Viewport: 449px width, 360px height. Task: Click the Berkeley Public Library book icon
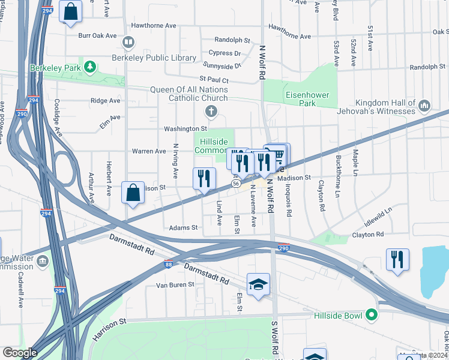click(x=127, y=43)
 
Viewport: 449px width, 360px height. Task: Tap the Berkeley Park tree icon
click(x=90, y=66)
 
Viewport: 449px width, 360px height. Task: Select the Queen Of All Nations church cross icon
click(x=210, y=111)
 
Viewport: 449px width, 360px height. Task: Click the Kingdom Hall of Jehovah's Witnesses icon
click(x=424, y=107)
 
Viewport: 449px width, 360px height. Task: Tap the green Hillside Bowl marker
click(x=372, y=314)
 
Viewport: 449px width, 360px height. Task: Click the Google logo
click(x=20, y=353)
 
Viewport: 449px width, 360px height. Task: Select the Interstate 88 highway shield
click(x=169, y=265)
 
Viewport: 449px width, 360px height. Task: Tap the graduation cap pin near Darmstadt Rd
click(x=258, y=284)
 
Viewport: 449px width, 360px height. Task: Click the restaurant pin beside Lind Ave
click(x=204, y=178)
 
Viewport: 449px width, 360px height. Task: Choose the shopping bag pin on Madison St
click(x=133, y=193)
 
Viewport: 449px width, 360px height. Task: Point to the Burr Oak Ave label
click(x=97, y=35)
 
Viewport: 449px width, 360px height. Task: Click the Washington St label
click(x=185, y=128)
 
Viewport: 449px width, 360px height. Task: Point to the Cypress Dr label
click(x=221, y=53)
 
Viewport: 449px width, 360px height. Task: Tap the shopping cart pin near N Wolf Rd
click(x=277, y=155)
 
